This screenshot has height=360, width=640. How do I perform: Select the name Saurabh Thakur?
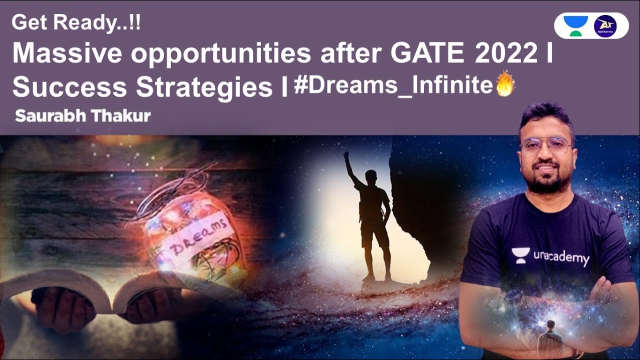pos(82,116)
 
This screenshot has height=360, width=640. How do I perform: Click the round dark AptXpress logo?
pos(605,25)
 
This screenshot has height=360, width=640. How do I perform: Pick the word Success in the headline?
pos(70,87)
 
